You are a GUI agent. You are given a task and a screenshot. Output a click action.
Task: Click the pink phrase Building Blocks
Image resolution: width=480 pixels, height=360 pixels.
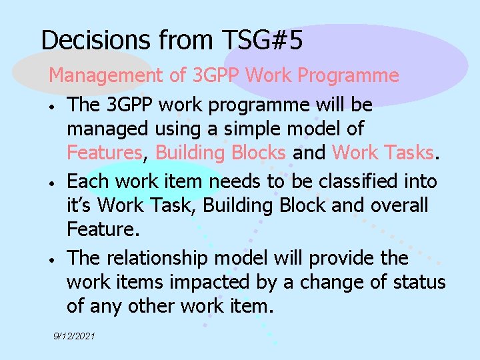pyautogui.click(x=221, y=153)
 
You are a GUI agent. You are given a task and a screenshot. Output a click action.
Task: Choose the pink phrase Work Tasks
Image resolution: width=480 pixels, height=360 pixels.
pyautogui.click(x=382, y=153)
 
